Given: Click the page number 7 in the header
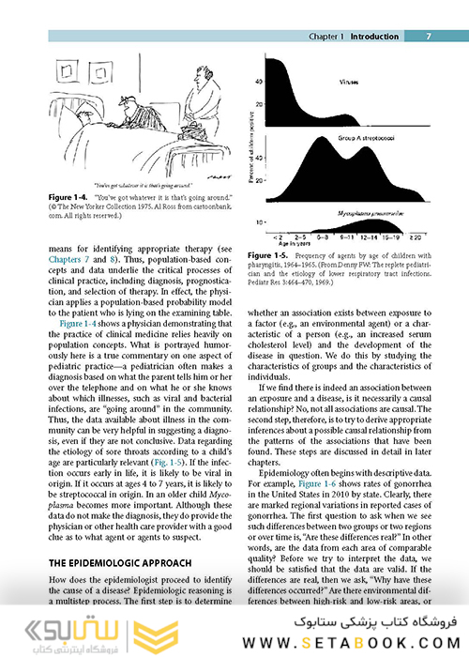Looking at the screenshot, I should click(x=428, y=37).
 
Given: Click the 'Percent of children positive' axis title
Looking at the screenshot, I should click(x=251, y=141).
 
